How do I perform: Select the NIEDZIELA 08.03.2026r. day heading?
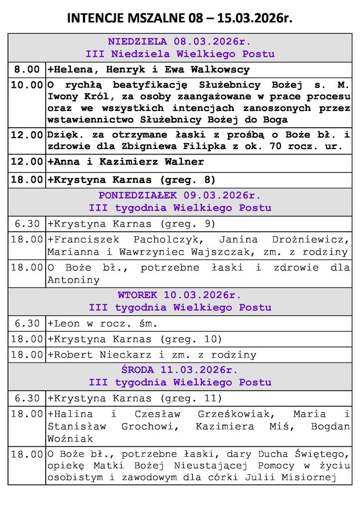[180, 41]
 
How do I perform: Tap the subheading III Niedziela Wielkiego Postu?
[180, 54]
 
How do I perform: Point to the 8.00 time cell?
[27, 70]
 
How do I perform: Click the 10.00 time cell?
[27, 85]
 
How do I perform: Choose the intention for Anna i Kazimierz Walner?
[125, 162]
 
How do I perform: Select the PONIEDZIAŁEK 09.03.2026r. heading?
[180, 194]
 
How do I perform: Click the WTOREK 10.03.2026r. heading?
[180, 295]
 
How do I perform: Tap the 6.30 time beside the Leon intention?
[27, 324]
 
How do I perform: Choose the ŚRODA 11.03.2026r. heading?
[180, 370]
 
